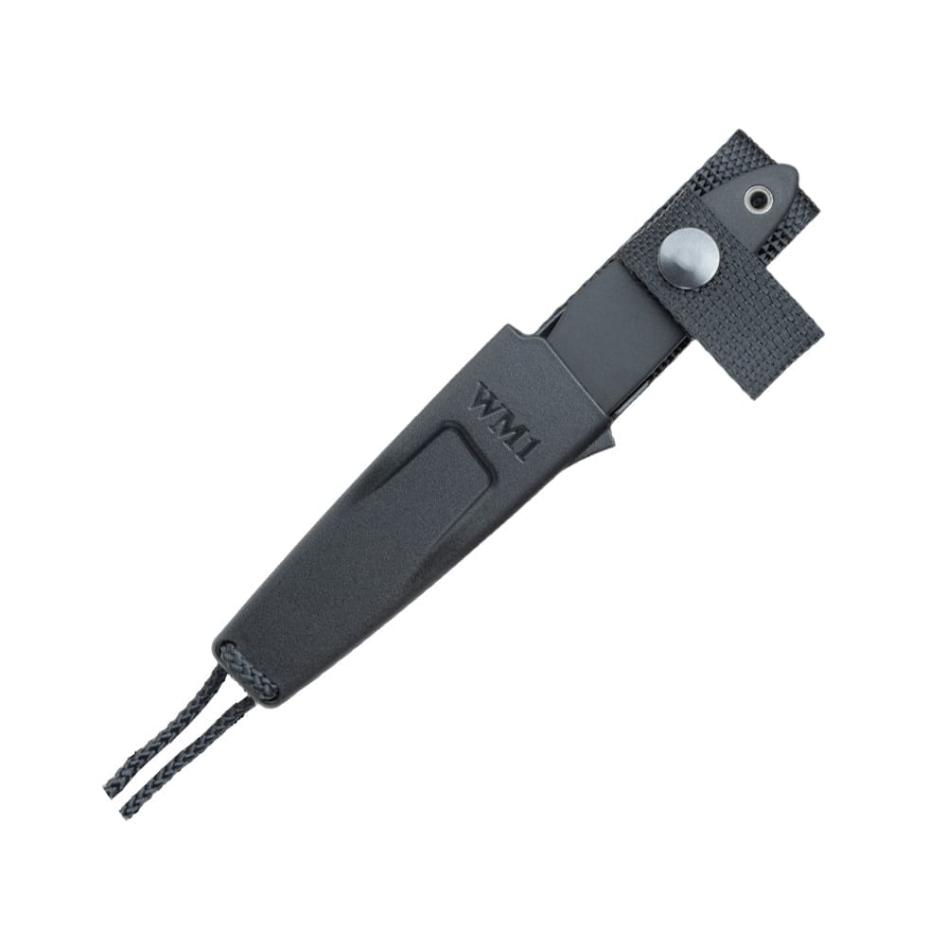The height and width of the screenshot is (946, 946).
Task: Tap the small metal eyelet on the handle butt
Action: coord(760,200)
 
